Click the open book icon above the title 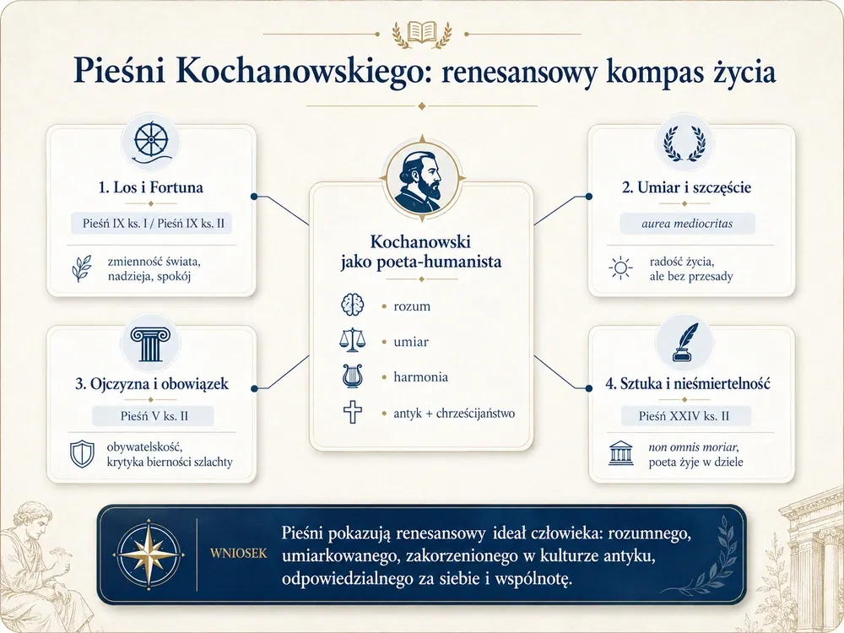421,32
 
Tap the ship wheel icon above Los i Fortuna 151,142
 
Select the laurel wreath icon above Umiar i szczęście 684,143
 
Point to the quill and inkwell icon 684,343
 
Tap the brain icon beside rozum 352,305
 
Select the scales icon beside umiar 352,339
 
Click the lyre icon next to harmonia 352,376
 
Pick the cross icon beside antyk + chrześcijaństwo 353,413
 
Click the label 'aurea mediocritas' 687,224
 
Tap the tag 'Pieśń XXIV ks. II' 684,416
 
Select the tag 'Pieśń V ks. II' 154,416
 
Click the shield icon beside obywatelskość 82,454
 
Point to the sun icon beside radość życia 620,268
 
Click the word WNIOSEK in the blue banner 239,554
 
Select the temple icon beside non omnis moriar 620,452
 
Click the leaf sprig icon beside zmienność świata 81,268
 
